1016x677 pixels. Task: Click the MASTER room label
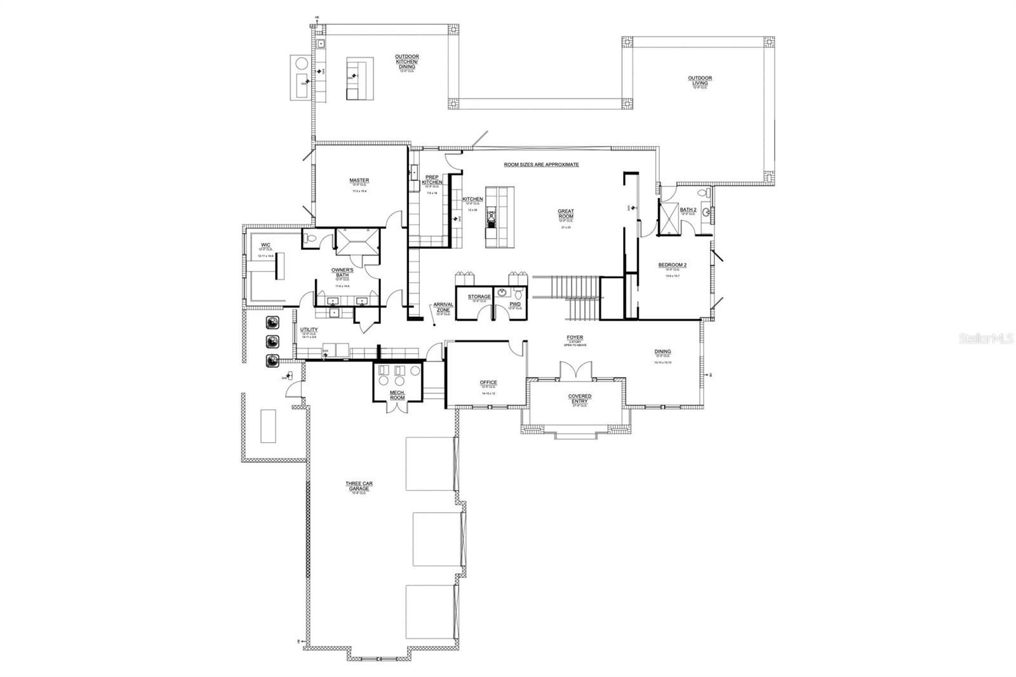point(359,180)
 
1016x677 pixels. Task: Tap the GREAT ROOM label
point(565,214)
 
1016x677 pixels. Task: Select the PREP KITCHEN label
point(432,180)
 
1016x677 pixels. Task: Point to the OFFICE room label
point(488,382)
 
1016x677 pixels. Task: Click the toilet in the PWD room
point(518,294)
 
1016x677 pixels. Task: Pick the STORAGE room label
point(479,297)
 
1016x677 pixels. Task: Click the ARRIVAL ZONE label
point(443,307)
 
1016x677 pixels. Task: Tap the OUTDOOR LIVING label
point(700,81)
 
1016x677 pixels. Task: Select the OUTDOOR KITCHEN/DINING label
point(406,61)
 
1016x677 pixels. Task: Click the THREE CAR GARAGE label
point(359,486)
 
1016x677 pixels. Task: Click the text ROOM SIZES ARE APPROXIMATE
point(541,164)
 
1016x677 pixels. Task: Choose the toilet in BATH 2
point(702,192)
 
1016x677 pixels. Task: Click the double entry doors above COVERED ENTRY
point(575,372)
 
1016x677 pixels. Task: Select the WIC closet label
point(265,245)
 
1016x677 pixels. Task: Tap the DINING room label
point(662,351)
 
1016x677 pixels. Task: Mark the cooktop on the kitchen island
point(491,218)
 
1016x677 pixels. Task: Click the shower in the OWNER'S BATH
point(358,242)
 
